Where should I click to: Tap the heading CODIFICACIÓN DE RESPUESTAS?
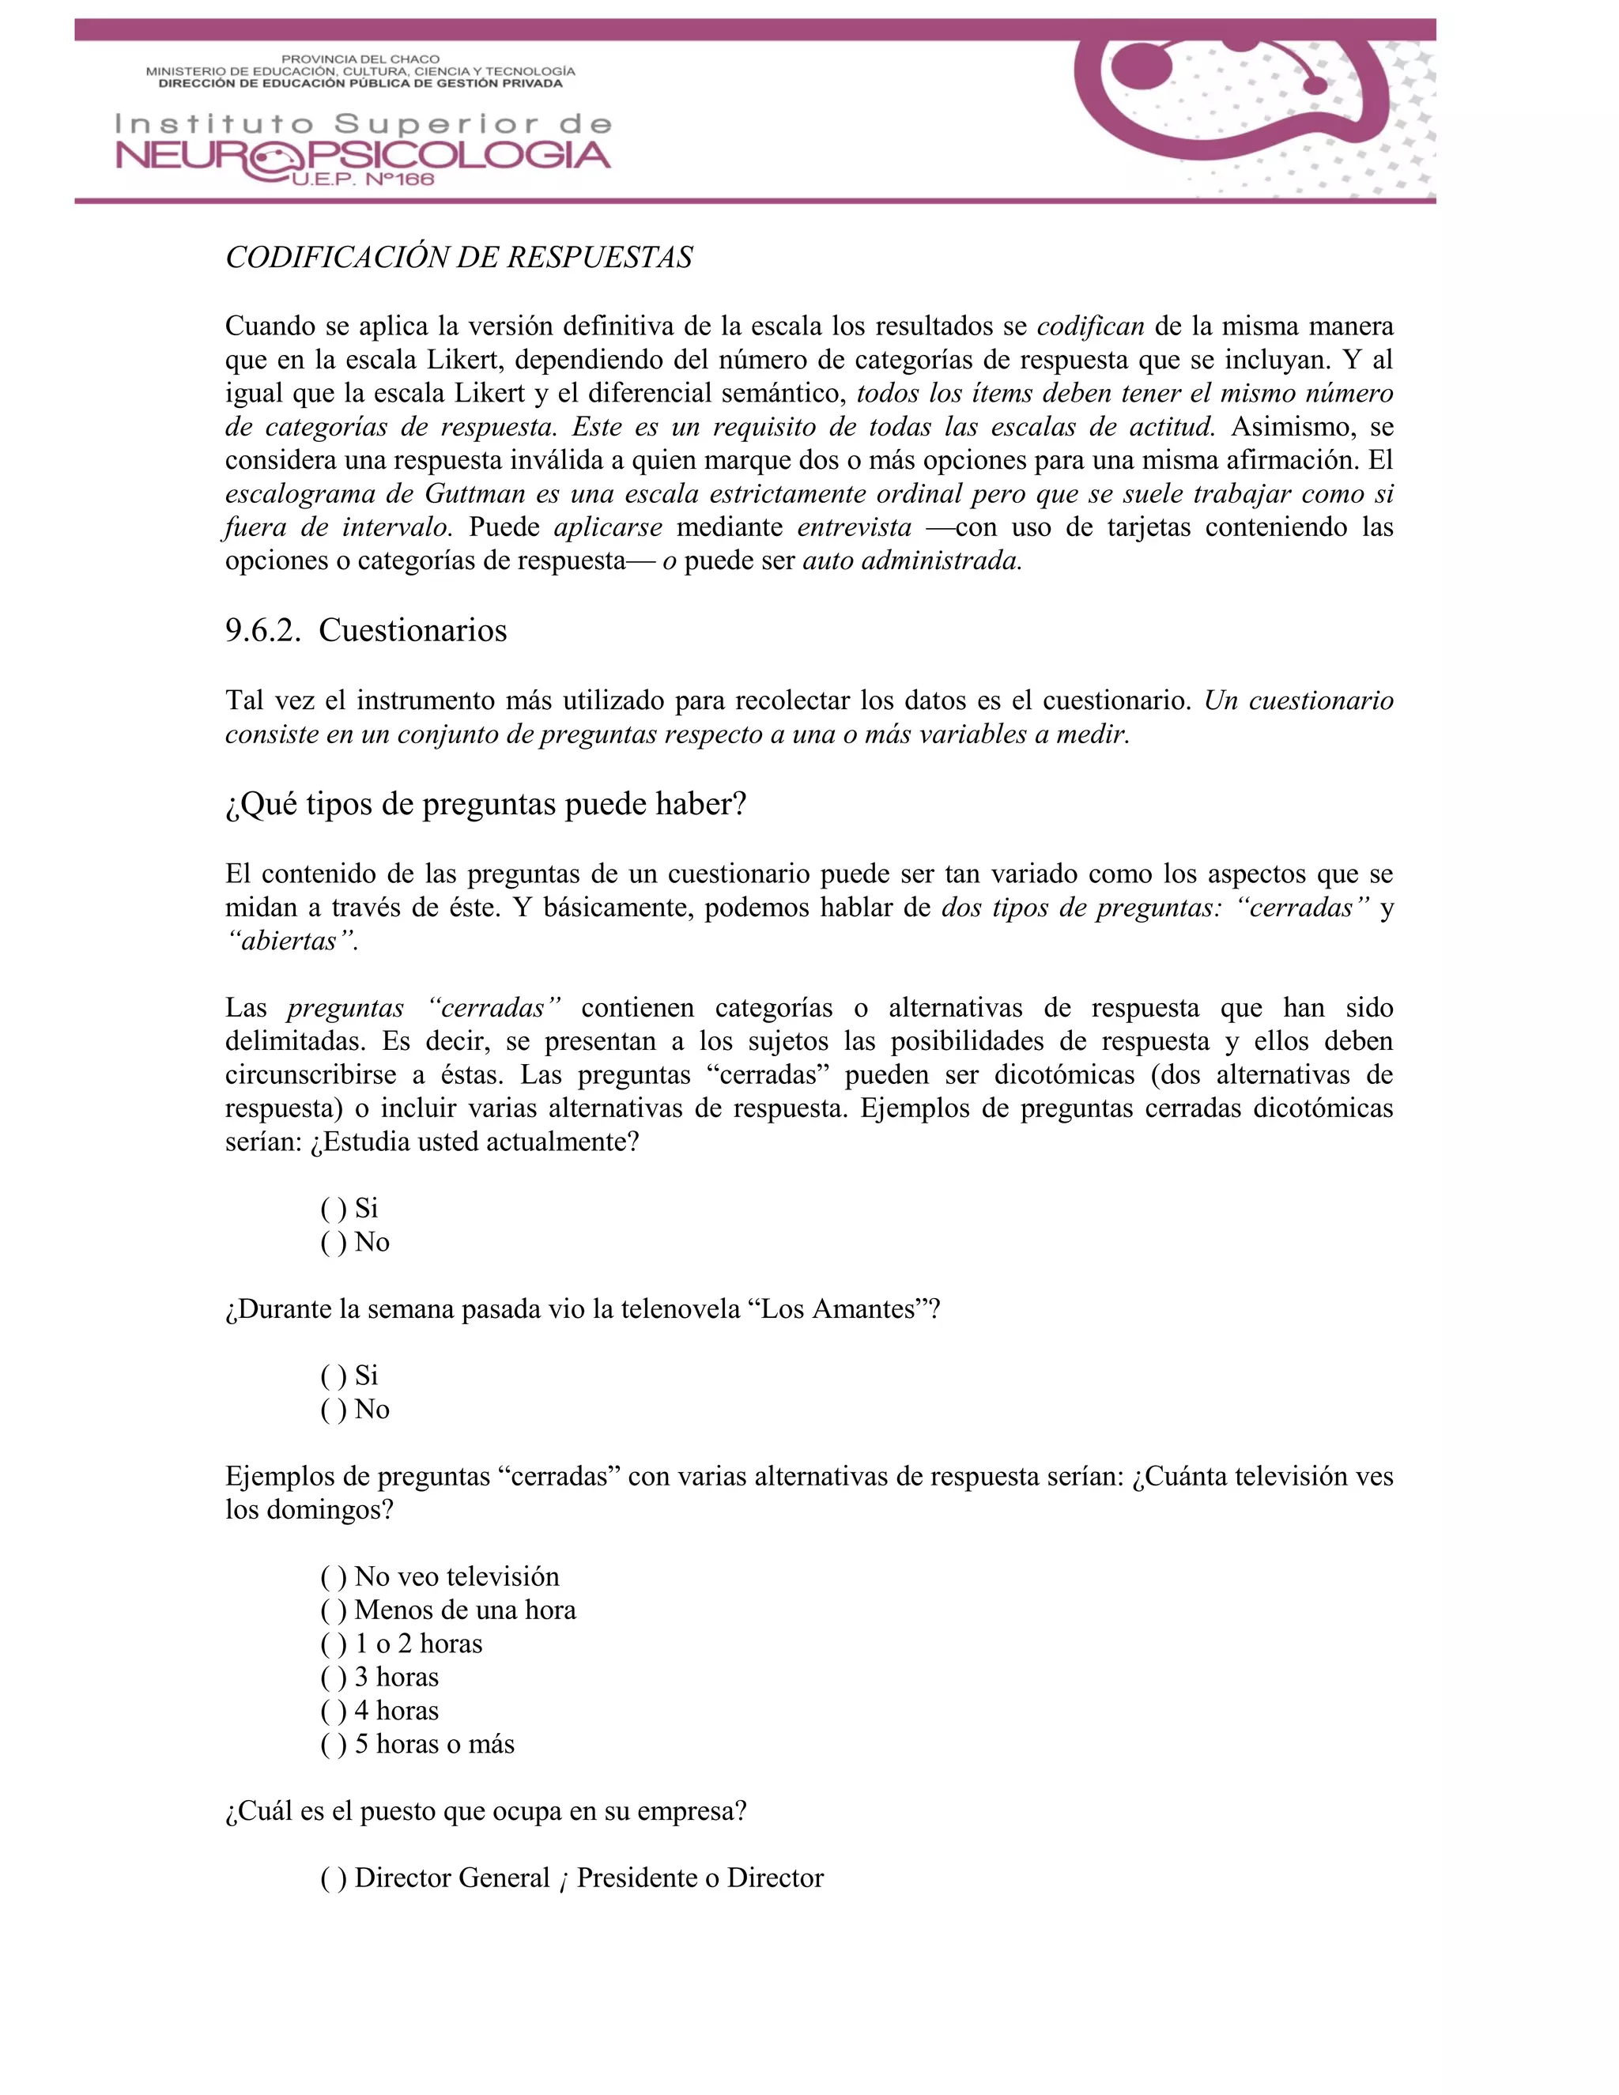point(459,257)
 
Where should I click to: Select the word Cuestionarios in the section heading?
point(413,630)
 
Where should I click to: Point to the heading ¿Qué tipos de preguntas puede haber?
point(485,804)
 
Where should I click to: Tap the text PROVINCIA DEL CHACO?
point(360,59)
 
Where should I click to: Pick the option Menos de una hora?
point(464,1610)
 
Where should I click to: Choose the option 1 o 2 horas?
point(418,1644)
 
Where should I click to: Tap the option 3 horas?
point(396,1677)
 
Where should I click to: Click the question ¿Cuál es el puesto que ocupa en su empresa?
point(485,1811)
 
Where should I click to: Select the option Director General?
point(451,1878)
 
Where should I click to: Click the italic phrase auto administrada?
point(911,561)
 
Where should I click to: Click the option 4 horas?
point(396,1710)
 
